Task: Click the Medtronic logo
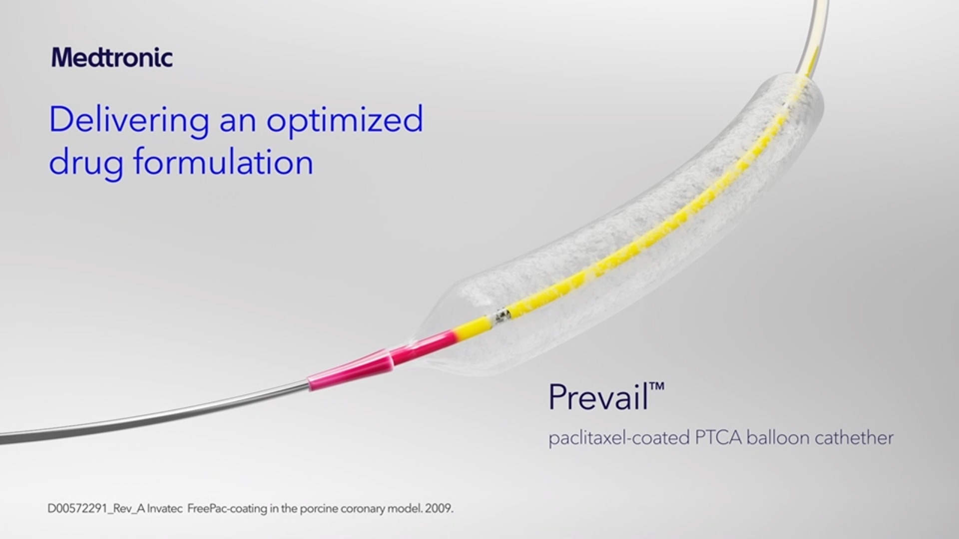(112, 57)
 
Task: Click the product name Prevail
(598, 397)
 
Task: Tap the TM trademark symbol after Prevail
(657, 387)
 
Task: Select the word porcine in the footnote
(318, 509)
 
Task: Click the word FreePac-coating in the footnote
(227, 509)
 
